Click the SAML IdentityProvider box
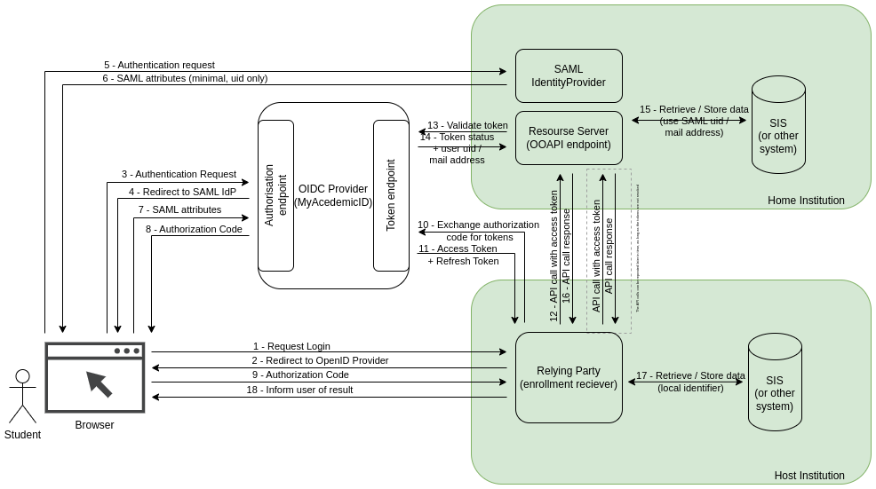(569, 75)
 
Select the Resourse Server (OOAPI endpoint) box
(569, 138)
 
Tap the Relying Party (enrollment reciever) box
(569, 377)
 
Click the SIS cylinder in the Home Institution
(778, 129)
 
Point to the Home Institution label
(806, 201)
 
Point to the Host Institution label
(809, 476)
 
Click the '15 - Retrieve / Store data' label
(694, 109)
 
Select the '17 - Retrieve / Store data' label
(690, 375)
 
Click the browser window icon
(95, 377)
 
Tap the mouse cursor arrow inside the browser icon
(99, 383)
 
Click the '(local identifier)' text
(690, 388)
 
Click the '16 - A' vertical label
(566, 293)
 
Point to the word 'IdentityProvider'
(569, 83)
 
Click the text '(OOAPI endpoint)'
(569, 145)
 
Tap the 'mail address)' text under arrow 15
(694, 132)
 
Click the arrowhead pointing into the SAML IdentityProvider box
(502, 71)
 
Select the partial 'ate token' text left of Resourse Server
(490, 125)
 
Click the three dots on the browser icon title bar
(127, 351)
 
